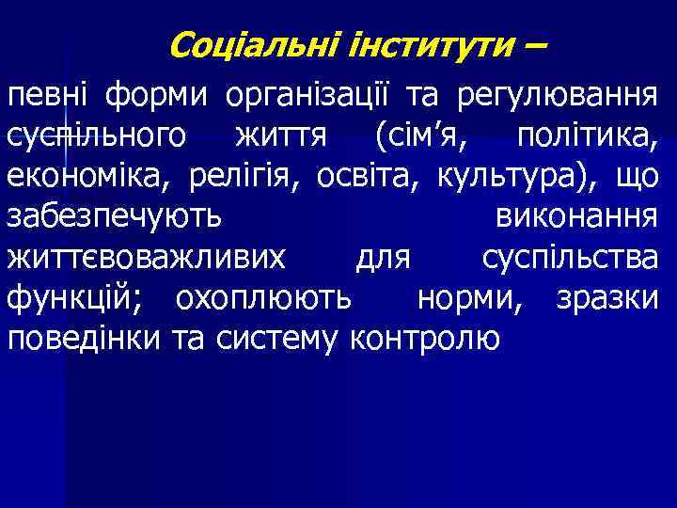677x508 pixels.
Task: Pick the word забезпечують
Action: [x=115, y=218]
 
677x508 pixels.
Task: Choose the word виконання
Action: [x=575, y=218]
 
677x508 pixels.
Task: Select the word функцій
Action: [x=81, y=299]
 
